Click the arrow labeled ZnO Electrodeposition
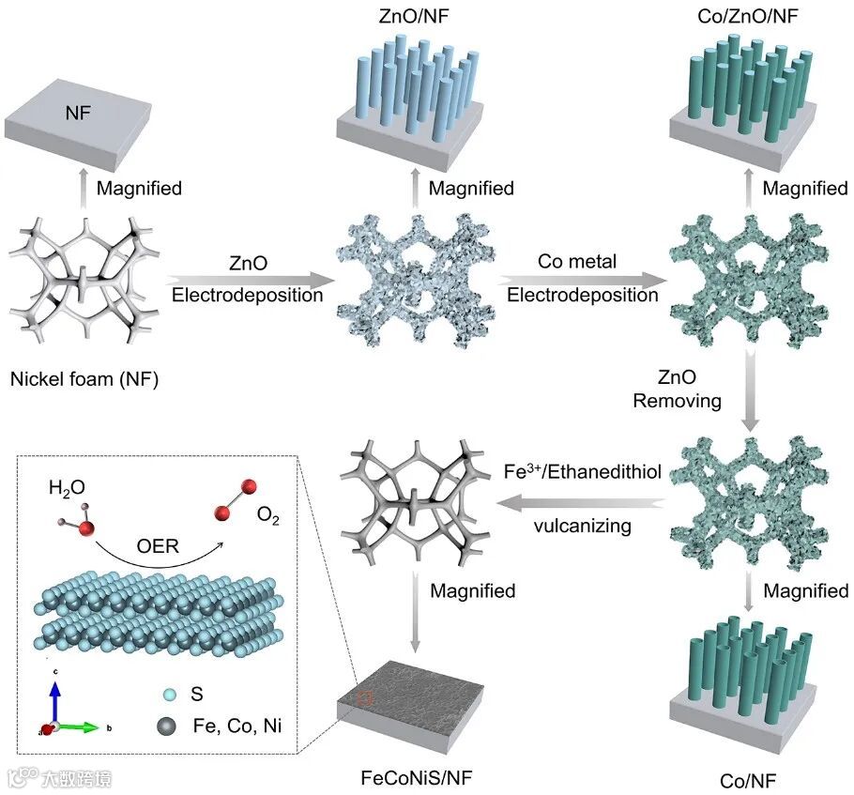[250, 279]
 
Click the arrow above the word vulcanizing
[582, 506]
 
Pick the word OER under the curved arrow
[156, 545]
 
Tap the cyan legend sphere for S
[169, 694]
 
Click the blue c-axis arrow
[55, 699]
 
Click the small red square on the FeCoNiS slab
[367, 698]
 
